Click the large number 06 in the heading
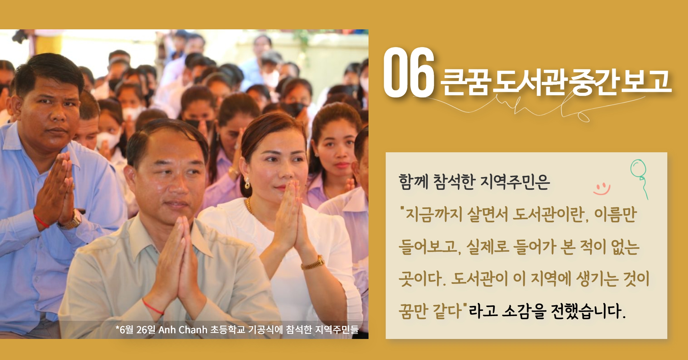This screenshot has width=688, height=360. (409, 72)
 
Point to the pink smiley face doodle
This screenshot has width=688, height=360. (602, 189)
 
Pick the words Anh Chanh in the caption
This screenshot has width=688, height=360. (183, 329)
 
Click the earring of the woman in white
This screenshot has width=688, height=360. (247, 184)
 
